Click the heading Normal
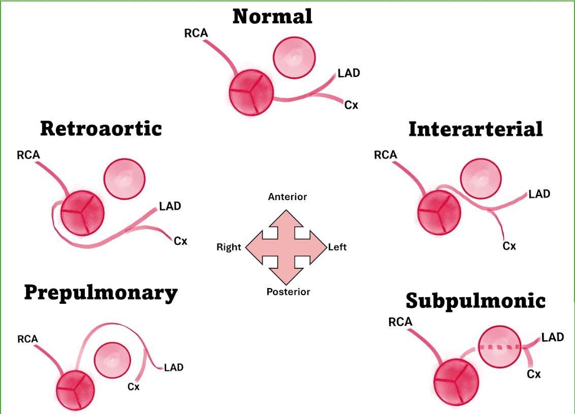pos(272,16)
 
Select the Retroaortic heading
pos(101,129)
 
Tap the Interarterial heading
pos(475,129)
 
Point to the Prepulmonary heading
pos(101,294)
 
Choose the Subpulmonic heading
pos(475,301)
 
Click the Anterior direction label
pos(287,197)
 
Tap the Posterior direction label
pos(288,292)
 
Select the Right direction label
pos(229,247)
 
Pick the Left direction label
pos(337,247)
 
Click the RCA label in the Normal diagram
pos(196,34)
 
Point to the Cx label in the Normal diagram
pos(351,105)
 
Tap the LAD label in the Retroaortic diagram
pos(170,206)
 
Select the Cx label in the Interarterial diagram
pos(509,246)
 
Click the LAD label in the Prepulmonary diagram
pos(174,367)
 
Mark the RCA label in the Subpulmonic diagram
pos(400,322)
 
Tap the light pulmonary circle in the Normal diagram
pos(294,57)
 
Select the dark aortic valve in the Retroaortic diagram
pos(82,213)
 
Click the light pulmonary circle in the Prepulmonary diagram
pos(112,360)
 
